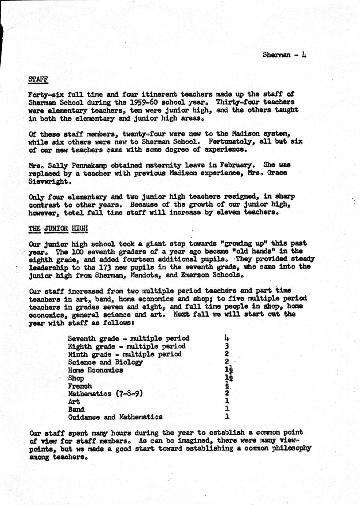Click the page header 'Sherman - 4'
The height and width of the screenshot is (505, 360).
pyautogui.click(x=284, y=55)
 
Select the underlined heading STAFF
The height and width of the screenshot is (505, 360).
pyautogui.click(x=38, y=79)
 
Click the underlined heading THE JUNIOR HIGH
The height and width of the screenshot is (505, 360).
pyautogui.click(x=58, y=228)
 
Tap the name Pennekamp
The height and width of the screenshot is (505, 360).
pyautogui.click(x=89, y=165)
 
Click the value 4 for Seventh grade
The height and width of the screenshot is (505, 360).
pyautogui.click(x=227, y=338)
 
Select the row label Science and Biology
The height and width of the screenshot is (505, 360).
pyautogui.click(x=105, y=362)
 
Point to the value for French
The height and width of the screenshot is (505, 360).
pyautogui.click(x=227, y=386)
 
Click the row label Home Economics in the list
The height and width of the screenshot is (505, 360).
pyautogui.click(x=95, y=370)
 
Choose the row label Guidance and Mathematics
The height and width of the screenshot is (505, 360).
pyautogui.click(x=115, y=417)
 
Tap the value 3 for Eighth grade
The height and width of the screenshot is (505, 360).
pyautogui.click(x=227, y=346)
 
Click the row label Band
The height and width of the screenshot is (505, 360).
pyautogui.click(x=76, y=409)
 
